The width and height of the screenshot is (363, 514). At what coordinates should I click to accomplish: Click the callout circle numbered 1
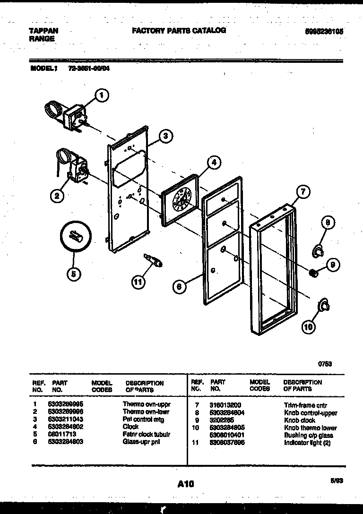click(x=100, y=96)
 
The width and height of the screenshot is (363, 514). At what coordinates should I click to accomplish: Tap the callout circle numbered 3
click(x=164, y=137)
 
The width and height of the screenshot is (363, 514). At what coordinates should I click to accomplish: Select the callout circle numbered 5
click(x=74, y=273)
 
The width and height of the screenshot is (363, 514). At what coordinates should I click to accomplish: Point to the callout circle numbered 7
click(x=303, y=191)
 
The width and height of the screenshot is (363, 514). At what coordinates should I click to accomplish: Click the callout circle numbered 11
click(x=138, y=282)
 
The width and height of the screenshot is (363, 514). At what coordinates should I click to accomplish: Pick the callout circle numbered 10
click(x=308, y=326)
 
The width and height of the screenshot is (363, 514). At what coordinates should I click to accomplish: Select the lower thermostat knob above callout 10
click(x=323, y=306)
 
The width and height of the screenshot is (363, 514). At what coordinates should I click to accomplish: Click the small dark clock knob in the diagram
click(x=312, y=273)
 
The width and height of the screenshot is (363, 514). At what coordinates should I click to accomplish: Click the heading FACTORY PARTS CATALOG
click(x=179, y=31)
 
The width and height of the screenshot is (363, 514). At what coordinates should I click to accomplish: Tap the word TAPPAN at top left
click(x=44, y=31)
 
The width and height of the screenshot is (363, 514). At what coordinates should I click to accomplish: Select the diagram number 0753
click(x=324, y=364)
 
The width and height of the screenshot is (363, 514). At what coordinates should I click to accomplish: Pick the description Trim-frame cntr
click(x=305, y=405)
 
